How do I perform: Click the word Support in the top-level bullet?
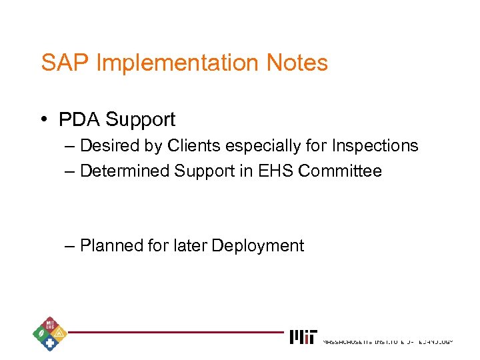point(141,120)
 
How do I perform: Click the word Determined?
point(125,171)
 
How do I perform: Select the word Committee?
point(340,171)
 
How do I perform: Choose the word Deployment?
point(257,246)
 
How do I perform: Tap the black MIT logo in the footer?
point(304,337)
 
